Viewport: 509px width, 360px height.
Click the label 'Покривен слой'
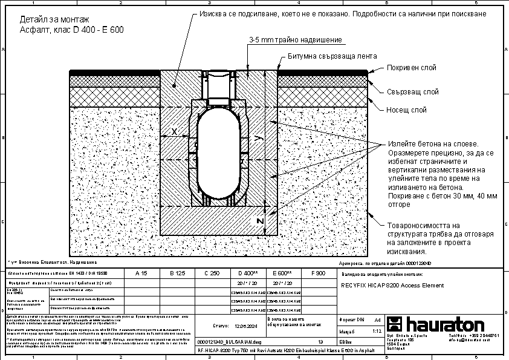(412, 68)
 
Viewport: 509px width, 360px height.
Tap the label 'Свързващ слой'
(412, 92)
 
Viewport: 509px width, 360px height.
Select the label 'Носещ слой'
(407, 110)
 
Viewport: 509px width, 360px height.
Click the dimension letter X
(174, 131)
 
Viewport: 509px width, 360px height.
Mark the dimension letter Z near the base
(259, 222)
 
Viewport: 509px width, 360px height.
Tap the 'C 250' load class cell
(212, 273)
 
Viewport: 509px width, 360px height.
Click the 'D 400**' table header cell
(248, 273)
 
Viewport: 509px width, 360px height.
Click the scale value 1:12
(377, 332)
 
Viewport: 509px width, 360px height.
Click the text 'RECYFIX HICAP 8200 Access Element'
(392, 285)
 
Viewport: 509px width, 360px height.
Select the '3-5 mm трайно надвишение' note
(296, 40)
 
